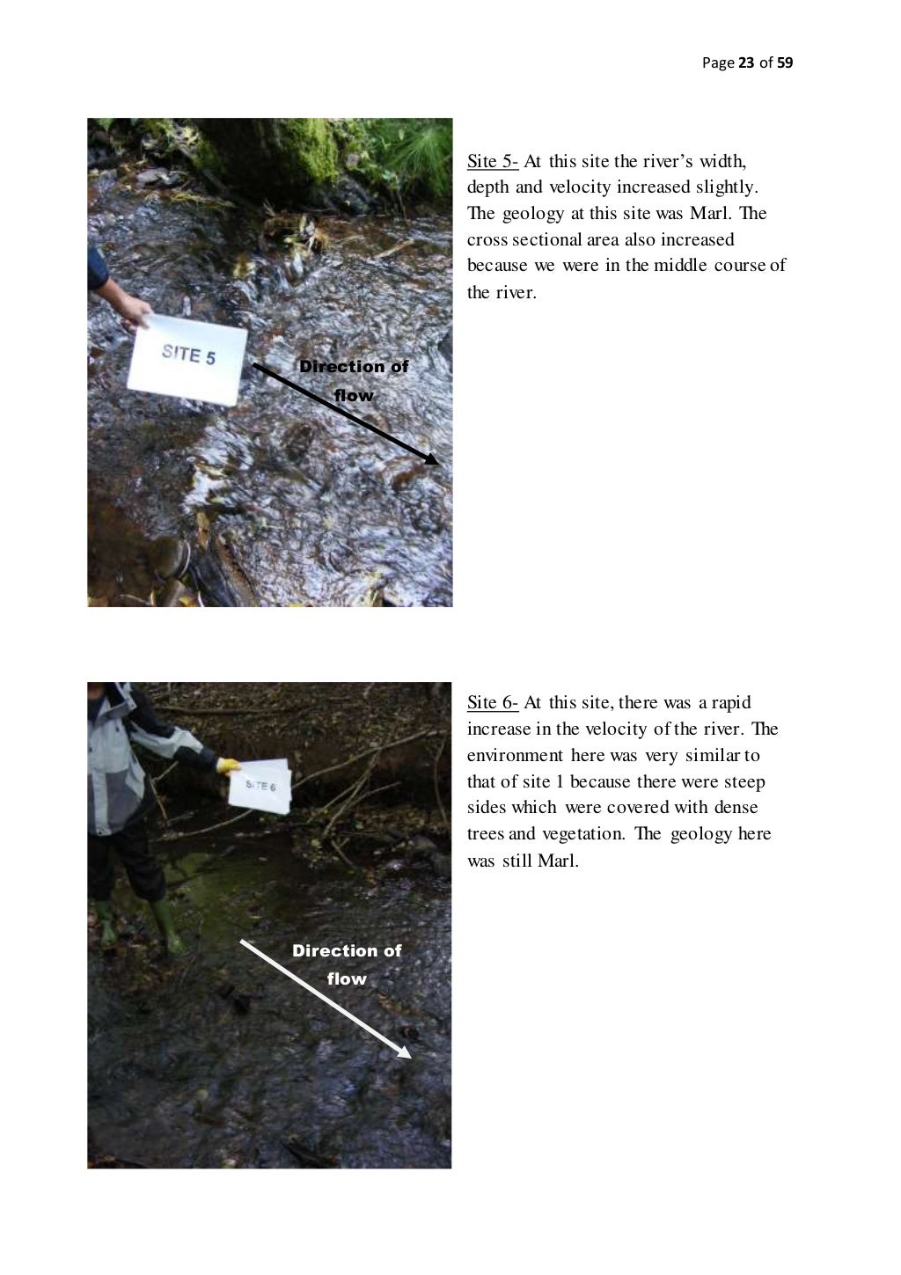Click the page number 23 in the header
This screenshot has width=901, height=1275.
click(746, 62)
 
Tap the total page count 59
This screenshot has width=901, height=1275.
click(785, 62)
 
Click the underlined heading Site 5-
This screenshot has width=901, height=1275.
click(493, 161)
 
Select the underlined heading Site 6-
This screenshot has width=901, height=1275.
click(493, 702)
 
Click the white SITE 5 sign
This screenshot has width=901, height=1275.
click(187, 359)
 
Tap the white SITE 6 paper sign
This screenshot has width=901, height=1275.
click(260, 786)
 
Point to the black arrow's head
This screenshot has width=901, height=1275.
click(431, 458)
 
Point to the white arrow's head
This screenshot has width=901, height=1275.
click(404, 1052)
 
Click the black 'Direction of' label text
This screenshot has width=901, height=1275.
click(354, 367)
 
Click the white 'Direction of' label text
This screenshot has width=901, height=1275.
click(347, 950)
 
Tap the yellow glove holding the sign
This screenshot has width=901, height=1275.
click(229, 766)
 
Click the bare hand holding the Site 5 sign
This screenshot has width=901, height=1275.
click(135, 312)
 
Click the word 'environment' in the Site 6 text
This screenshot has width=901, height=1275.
click(515, 755)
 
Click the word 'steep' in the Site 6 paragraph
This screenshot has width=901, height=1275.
click(744, 782)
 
